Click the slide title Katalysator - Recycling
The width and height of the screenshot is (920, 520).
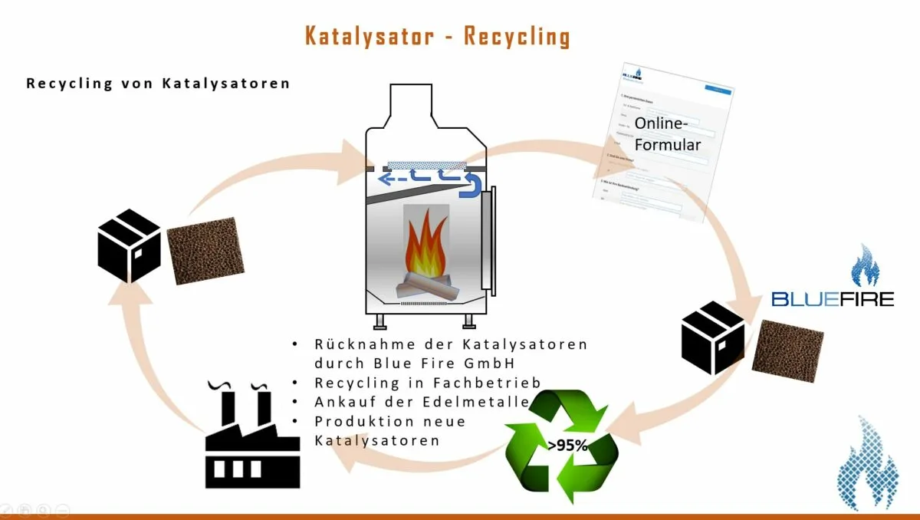tap(437, 36)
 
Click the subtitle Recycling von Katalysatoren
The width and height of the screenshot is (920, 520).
tap(158, 83)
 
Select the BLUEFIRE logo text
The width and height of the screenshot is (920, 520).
tap(833, 298)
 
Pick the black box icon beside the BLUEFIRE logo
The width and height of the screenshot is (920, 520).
tap(713, 337)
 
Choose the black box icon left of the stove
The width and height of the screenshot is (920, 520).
tap(130, 245)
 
